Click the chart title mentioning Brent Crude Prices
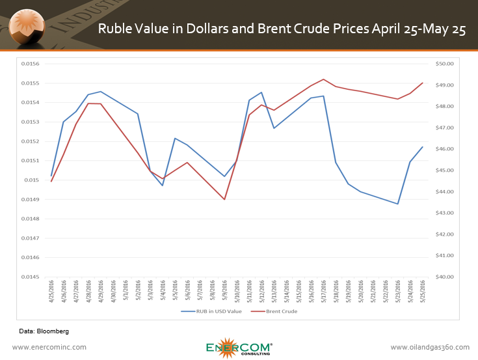(x=282, y=29)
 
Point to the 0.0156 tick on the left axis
(x=31, y=64)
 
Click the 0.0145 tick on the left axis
(x=31, y=277)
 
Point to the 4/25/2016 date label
(x=51, y=291)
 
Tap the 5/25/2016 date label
(x=423, y=291)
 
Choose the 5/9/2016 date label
(x=224, y=291)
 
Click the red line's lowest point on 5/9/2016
(x=224, y=199)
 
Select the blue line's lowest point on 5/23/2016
(x=398, y=204)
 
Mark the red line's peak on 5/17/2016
(x=324, y=79)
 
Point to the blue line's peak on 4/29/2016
(x=101, y=92)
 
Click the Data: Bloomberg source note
(x=43, y=331)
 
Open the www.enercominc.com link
(x=49, y=347)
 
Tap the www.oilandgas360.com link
(x=429, y=347)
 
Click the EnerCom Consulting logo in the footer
(x=239, y=347)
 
